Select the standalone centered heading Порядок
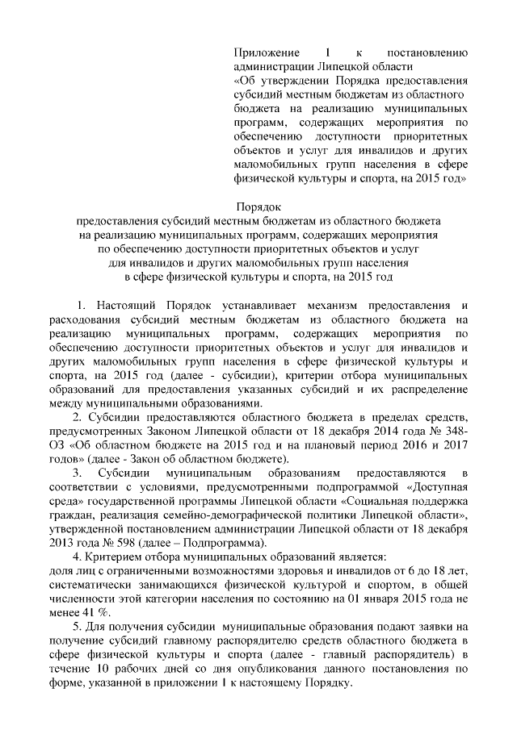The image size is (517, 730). coord(258,205)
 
